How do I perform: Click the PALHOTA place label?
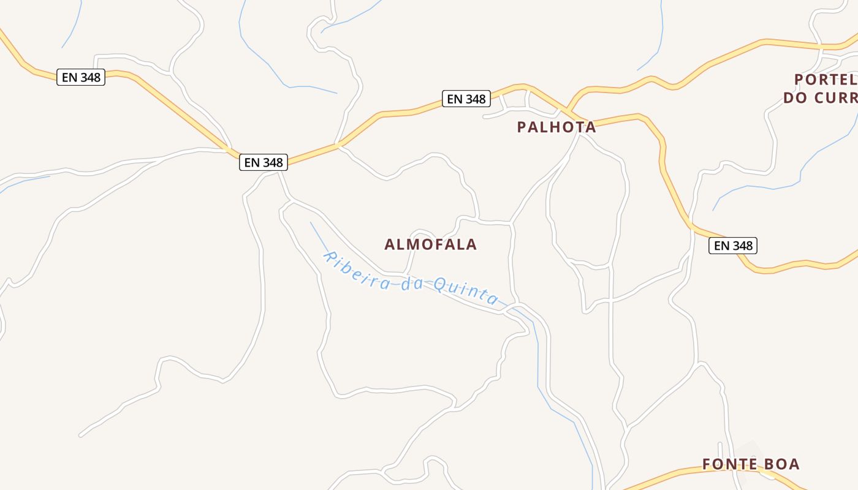tap(556, 127)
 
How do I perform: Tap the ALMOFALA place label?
tap(430, 244)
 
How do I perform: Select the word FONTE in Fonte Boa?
tap(728, 464)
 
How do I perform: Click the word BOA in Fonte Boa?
tap(782, 464)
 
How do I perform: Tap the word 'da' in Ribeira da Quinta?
tap(414, 284)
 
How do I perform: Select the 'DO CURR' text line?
tap(820, 98)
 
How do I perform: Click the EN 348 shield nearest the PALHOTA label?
tap(466, 99)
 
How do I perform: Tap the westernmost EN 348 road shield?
tap(81, 77)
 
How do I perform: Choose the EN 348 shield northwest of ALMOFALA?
tap(264, 162)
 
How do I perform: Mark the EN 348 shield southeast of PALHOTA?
tap(733, 246)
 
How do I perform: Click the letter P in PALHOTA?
tap(522, 127)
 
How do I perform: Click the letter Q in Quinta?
tap(440, 285)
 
